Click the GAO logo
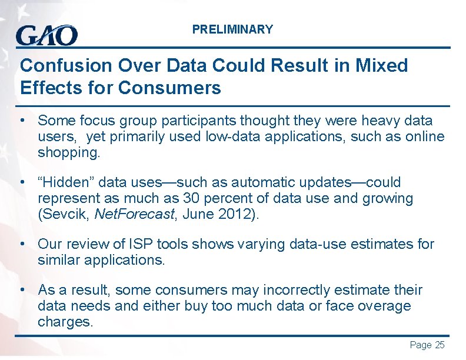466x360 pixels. pos(46,35)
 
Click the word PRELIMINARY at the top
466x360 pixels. pos(232,29)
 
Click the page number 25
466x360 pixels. pos(439,345)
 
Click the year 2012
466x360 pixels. pos(234,215)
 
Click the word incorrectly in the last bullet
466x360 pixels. pos(285,290)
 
